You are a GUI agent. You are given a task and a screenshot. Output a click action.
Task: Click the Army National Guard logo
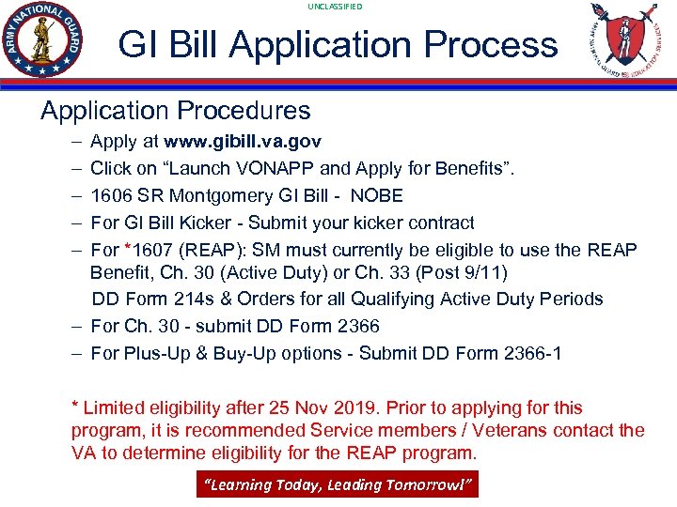pos(43,41)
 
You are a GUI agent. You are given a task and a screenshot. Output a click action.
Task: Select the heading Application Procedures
pos(175,111)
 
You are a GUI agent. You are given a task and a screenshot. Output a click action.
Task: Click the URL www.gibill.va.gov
pos(243,142)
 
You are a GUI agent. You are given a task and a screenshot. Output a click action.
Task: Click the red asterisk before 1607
pos(128,249)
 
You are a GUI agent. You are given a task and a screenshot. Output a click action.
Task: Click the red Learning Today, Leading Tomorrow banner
pos(337,485)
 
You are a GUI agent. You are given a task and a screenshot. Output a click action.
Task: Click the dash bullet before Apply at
pos(74,142)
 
